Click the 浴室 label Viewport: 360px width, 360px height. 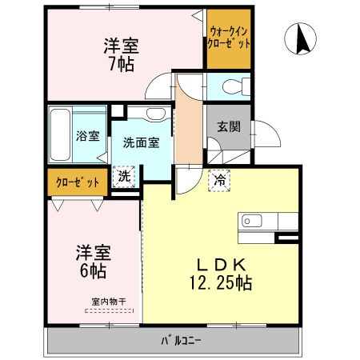click(87, 136)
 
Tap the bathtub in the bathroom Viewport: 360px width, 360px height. click(61, 134)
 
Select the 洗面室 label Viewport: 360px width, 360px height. click(141, 142)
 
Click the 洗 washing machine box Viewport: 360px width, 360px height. click(124, 174)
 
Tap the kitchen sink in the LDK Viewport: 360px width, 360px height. click(250, 221)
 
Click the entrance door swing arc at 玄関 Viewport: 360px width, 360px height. click(265, 134)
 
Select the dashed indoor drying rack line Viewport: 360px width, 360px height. click(107, 309)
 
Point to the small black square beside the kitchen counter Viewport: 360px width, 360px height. click(284, 238)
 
